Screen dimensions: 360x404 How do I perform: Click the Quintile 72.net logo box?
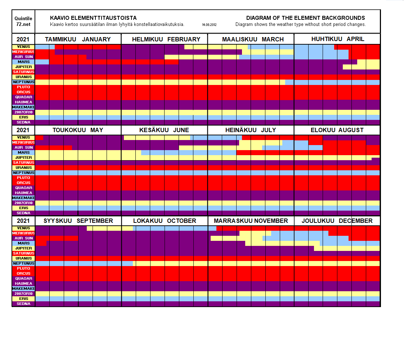point(23,21)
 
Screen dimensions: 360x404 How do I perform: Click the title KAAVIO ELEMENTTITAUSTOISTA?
point(93,18)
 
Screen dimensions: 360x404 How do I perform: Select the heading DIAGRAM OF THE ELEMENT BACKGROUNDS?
point(305,18)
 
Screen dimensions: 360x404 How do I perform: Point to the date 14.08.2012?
point(209,25)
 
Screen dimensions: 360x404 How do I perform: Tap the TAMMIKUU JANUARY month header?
point(78,39)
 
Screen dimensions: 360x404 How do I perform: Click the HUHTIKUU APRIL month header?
point(338,39)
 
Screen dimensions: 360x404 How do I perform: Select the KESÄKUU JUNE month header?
point(164,130)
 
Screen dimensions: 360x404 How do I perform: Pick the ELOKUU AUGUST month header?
point(337,130)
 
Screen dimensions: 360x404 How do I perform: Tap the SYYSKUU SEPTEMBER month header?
point(78,221)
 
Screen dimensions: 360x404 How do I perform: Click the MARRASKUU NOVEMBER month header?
point(251,221)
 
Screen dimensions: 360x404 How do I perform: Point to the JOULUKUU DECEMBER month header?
point(337,221)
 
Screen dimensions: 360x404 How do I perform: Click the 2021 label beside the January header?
point(23,39)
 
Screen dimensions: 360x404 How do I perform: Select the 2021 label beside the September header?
point(23,221)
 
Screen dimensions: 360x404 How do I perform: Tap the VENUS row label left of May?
point(23,138)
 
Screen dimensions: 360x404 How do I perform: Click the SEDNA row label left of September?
point(23,304)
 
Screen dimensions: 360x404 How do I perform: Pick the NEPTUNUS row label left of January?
point(23,82)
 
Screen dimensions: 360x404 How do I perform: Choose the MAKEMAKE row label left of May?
point(23,198)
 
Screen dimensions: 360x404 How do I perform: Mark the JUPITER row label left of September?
point(23,248)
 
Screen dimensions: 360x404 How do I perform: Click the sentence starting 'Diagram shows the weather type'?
point(301,24)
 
